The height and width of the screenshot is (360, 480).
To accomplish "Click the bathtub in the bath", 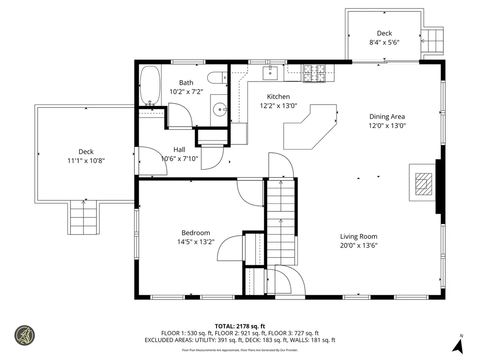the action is (150, 86).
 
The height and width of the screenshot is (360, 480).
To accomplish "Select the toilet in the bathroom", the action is (217, 77).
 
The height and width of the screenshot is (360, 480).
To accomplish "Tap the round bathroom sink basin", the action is (220, 109).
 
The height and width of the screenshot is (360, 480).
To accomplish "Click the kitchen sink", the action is (270, 73).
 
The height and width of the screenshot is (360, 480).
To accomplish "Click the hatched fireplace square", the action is (424, 184).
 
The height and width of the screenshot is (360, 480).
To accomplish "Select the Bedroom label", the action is (195, 232).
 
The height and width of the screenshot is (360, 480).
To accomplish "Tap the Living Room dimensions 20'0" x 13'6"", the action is (359, 245).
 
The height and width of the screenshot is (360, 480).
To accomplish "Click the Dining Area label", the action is (387, 116).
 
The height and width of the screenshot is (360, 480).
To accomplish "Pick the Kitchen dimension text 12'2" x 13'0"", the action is (278, 105).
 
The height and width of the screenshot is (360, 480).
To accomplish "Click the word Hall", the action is (180, 150).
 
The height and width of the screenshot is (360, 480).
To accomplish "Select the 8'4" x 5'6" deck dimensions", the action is (384, 42).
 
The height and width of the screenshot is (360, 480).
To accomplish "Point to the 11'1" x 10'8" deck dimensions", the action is (86, 160).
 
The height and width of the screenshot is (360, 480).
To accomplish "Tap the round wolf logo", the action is (25, 335).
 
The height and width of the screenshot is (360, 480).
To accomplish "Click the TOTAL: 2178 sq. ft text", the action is (240, 326).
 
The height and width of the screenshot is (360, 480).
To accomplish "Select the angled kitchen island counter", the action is (310, 127).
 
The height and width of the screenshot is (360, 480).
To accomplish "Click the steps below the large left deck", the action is (83, 217).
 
